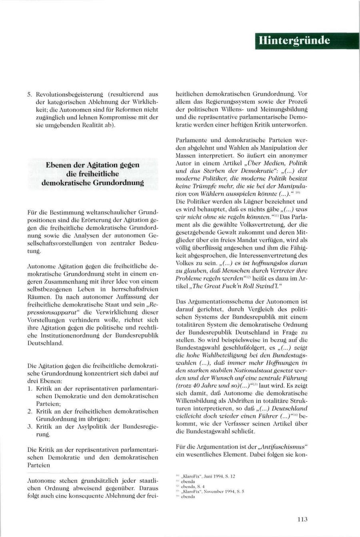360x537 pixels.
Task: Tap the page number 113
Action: coord(302,519)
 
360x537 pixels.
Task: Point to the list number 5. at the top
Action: coord(30,94)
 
